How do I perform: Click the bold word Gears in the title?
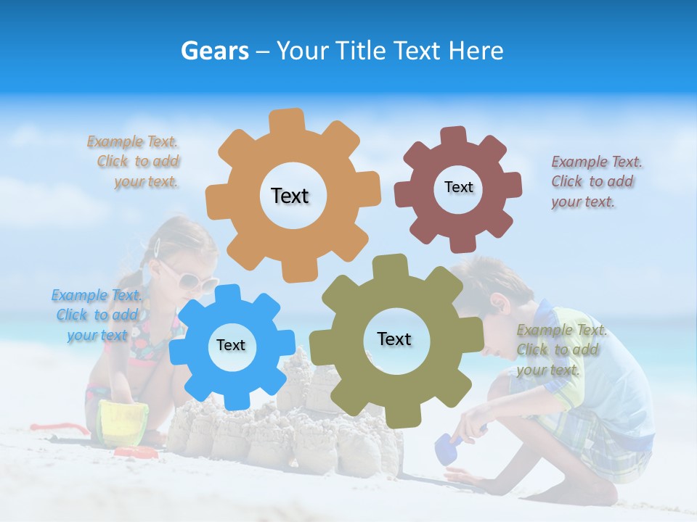pos(214,51)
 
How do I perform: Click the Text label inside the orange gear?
pos(290,196)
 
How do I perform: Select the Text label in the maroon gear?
pos(458,187)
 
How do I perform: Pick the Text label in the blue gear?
pos(231,345)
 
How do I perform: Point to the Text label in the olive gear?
pos(394,339)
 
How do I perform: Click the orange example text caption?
pos(134,162)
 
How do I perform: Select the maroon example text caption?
pos(596,181)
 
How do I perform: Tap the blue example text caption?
pos(97,315)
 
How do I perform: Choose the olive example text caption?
pos(561,349)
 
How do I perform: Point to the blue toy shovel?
pos(446,449)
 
